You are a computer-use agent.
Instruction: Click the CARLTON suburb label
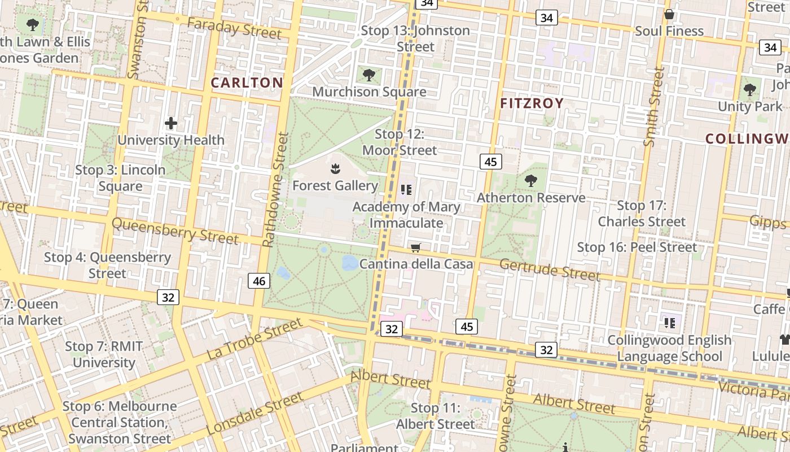pos(247,82)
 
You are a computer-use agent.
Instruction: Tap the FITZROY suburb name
pos(532,103)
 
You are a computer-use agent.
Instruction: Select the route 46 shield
pos(259,281)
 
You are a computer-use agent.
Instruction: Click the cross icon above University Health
pos(171,123)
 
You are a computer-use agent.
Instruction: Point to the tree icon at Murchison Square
pos(369,75)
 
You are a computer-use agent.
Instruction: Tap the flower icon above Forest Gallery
pos(335,168)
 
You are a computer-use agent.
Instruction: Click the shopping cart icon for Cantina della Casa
pos(416,247)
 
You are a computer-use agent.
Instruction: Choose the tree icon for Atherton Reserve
pos(530,181)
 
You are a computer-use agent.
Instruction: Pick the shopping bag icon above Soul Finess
pos(669,14)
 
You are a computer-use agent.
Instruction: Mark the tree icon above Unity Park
pos(750,89)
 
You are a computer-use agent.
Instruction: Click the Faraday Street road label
pos(234,28)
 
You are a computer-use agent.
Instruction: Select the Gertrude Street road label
pos(550,270)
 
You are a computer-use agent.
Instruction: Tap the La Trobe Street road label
pos(255,339)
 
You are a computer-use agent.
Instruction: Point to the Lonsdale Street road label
pos(255,414)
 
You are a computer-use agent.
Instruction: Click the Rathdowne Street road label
pos(275,190)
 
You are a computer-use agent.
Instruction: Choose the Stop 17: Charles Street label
pos(642,214)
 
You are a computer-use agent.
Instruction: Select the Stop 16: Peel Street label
pos(637,247)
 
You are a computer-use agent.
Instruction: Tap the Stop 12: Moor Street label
pos(400,142)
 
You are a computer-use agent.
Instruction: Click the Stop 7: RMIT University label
pos(104,354)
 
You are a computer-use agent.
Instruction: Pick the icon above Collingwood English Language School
pos(670,323)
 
